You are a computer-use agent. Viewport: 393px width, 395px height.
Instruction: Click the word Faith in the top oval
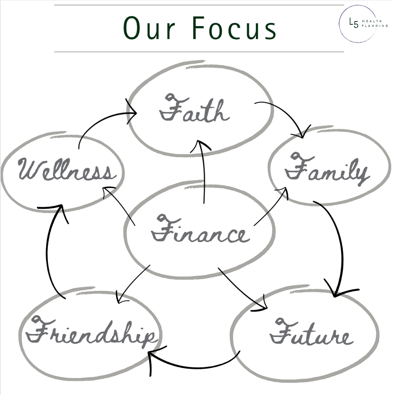click(194, 110)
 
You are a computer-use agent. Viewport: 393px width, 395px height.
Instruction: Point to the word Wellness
click(65, 170)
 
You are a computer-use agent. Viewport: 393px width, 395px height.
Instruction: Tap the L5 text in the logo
click(354, 23)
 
